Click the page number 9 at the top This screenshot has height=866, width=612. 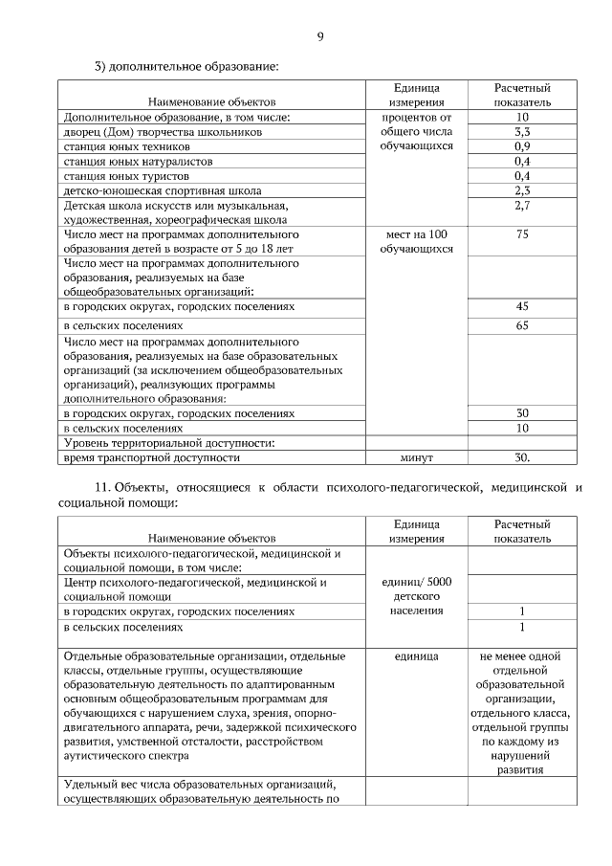[319, 37]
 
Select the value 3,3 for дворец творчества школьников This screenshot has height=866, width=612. [521, 132]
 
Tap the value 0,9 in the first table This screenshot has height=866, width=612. [521, 146]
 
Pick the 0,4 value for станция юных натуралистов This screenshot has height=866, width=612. [521, 161]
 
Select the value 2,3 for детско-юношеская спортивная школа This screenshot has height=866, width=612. [521, 190]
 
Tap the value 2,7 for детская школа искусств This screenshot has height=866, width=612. [521, 205]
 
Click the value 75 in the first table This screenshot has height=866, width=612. [521, 233]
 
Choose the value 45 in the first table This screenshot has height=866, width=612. [521, 306]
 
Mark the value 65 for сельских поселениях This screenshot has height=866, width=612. [521, 325]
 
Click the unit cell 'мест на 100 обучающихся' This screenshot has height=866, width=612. [416, 241]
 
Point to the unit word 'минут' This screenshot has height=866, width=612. [416, 457]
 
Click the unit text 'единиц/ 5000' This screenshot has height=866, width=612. [416, 582]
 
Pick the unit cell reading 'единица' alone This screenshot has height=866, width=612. [416, 656]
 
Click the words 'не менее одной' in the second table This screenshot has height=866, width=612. [521, 656]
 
